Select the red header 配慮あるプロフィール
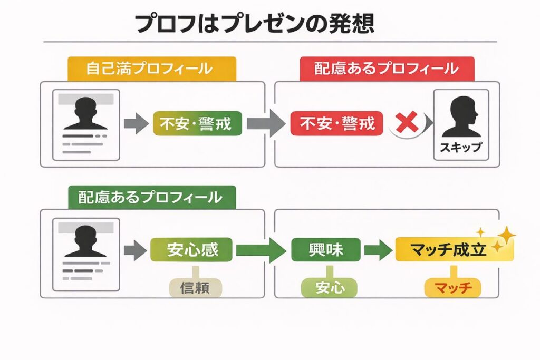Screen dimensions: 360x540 pos(387,69)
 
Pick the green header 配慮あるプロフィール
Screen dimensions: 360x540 pos(151,197)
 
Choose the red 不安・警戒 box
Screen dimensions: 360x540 pos(337,123)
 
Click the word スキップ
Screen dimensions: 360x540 pos(460,148)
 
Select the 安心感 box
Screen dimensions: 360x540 pos(192,249)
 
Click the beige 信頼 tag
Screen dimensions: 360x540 pos(196,287)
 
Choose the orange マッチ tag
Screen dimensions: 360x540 pos(452,287)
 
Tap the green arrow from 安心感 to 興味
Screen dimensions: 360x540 pos(261,250)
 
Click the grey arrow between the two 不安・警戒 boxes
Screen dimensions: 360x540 pos(266,124)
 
